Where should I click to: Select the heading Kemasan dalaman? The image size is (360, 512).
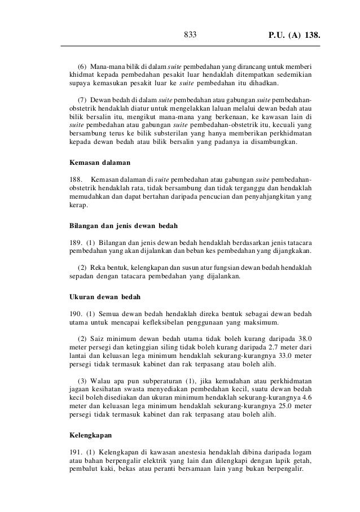[99, 163]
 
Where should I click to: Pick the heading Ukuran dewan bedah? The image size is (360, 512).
[105, 296]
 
